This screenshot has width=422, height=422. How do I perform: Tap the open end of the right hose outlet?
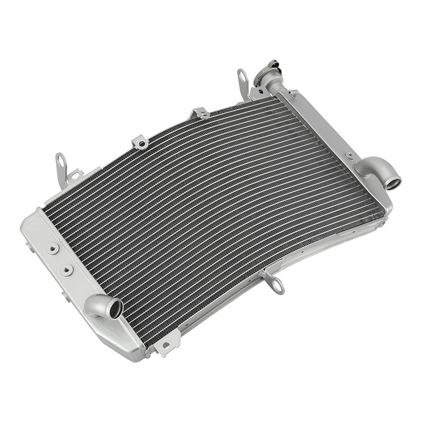(x=393, y=184)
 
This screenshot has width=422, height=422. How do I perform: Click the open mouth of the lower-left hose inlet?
(x=114, y=309)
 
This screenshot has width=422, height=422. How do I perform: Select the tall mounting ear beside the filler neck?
(x=243, y=82)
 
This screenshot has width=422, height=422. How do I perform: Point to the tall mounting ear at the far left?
(x=61, y=168)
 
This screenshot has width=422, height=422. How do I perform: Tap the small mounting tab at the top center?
(x=200, y=113)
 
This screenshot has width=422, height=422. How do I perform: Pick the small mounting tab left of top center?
(x=140, y=141)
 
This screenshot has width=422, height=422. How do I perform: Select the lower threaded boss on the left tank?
(x=66, y=270)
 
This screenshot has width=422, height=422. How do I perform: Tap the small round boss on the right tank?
(x=349, y=156)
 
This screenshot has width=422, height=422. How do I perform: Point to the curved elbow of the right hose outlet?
(x=369, y=168)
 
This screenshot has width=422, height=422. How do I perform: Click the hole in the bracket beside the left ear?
(x=75, y=175)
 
